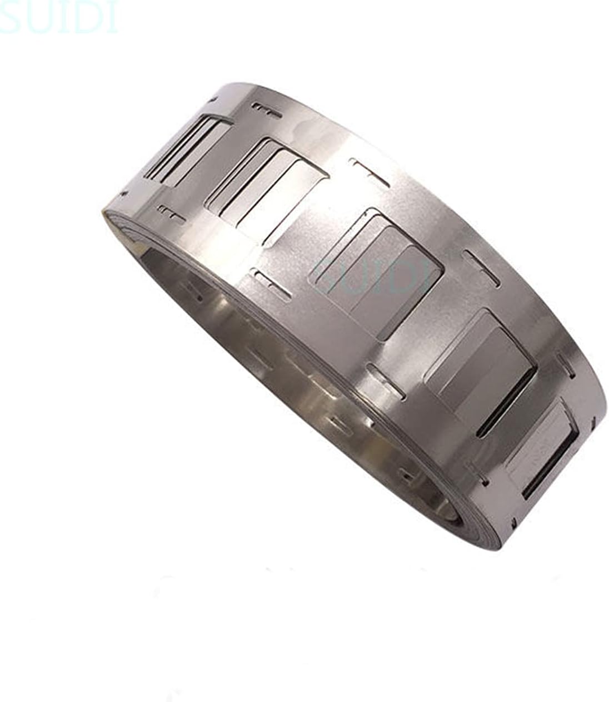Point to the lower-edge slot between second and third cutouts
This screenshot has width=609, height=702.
[x=271, y=284]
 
